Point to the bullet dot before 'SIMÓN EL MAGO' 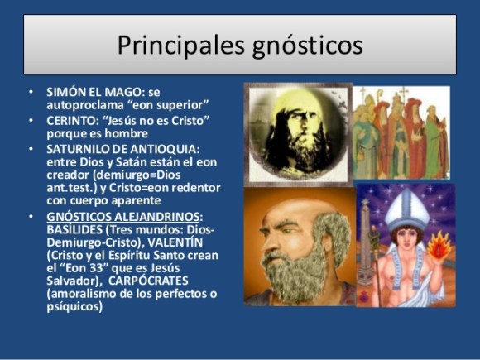point(31,92)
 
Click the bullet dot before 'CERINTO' point(31,119)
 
